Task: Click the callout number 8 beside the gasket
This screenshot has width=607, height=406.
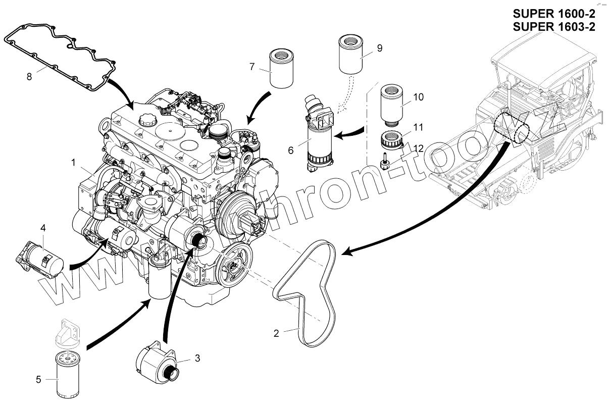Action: (29, 77)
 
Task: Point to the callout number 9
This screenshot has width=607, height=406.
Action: (379, 48)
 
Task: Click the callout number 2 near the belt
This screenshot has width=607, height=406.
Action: (276, 333)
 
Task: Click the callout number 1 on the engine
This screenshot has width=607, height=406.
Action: (74, 163)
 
